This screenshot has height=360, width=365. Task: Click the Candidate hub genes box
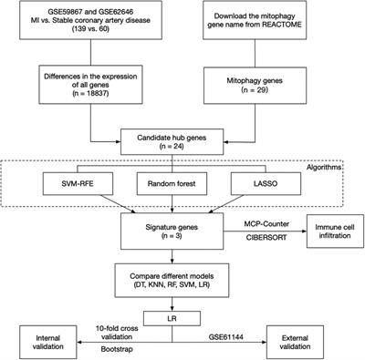tap(182, 141)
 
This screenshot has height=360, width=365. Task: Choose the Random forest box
tap(182, 187)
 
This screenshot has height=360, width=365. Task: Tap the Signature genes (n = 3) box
tap(182, 228)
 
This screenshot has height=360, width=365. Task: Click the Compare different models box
tap(182, 274)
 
